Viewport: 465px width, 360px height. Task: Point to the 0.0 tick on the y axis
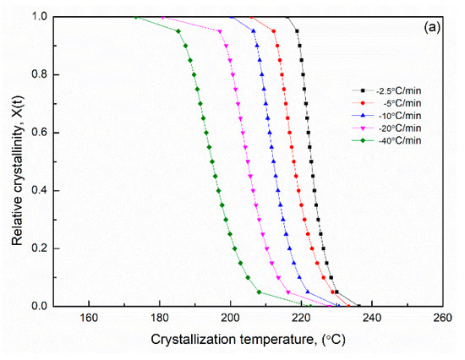[x=39, y=306]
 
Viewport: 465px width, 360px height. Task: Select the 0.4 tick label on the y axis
[x=39, y=190]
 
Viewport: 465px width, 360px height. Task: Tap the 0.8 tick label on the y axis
[x=39, y=74]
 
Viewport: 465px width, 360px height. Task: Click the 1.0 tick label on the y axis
[x=39, y=17]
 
